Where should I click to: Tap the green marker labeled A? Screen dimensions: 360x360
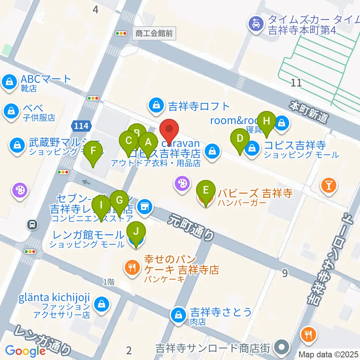tap(148, 142)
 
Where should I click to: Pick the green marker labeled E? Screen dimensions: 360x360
tap(205, 190)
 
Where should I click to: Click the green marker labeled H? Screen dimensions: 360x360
tap(266, 121)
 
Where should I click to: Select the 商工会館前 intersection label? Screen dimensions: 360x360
tap(154, 33)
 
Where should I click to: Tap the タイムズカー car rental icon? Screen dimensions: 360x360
tap(256, 24)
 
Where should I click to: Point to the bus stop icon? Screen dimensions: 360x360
tap(33, 225)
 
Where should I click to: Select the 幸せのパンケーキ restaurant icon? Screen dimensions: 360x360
tap(131, 267)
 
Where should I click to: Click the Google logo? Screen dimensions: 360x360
tap(25, 351)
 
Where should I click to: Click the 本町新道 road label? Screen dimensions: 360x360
tap(309, 111)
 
